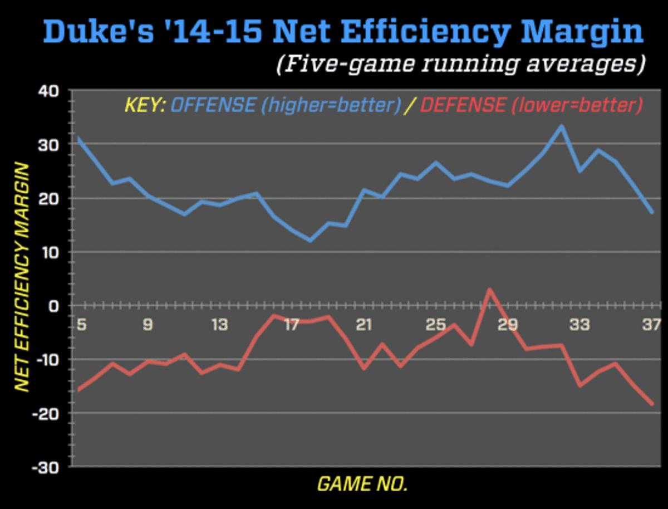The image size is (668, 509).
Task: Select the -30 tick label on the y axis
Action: click(x=46, y=467)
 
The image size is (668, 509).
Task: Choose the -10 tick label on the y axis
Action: click(x=46, y=359)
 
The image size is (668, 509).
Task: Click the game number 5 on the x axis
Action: click(x=81, y=324)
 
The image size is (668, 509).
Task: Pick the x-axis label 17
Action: click(x=292, y=324)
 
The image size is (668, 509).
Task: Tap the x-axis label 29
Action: click(x=508, y=324)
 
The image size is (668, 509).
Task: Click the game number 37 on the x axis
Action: click(x=650, y=324)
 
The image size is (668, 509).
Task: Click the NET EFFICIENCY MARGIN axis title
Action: click(x=21, y=277)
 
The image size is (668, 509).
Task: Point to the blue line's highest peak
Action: click(x=561, y=126)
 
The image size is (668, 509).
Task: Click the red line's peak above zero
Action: click(x=489, y=290)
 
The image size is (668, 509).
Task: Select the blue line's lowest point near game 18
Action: click(x=310, y=241)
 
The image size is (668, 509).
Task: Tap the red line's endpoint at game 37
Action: click(x=652, y=404)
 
